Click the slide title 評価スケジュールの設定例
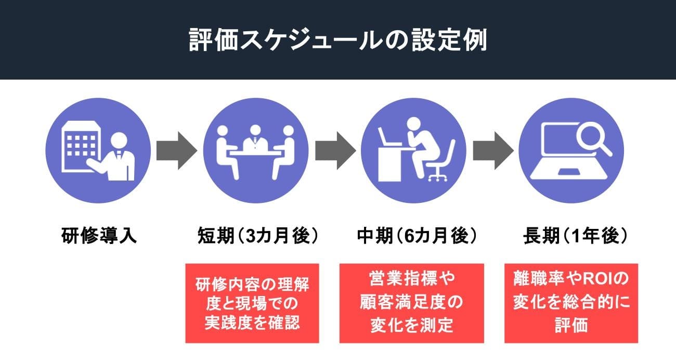coord(338,41)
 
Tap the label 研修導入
coord(99,236)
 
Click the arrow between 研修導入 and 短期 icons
coord(177,150)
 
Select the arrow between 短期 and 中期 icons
coord(335,150)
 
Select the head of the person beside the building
coord(120,139)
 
